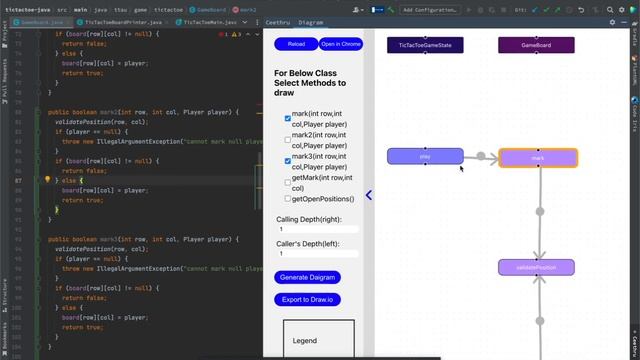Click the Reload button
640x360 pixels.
[296, 45]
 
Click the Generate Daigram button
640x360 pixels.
[306, 277]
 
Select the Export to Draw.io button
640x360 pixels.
[311, 300]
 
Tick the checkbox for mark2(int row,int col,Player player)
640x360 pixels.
[288, 139]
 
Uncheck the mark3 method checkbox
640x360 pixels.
[288, 160]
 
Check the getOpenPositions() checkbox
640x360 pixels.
[288, 199]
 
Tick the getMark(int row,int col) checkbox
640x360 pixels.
[288, 180]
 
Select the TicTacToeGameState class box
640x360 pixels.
[425, 45]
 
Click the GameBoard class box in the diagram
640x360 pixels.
[536, 45]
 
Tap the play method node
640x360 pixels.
[425, 156]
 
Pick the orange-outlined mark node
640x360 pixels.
[538, 158]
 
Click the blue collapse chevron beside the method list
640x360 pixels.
[368, 195]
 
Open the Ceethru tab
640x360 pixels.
[277, 21]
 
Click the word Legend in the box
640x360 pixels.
[304, 341]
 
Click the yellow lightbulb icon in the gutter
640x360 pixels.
[47, 180]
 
